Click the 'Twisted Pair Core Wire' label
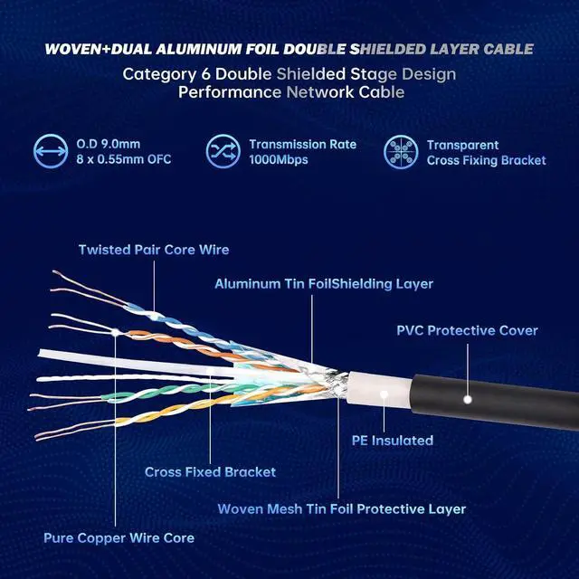tap(154, 249)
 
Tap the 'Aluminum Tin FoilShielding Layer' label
tap(324, 284)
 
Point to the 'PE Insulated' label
tap(392, 441)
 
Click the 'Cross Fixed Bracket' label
tap(210, 471)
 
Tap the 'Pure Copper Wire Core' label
tap(119, 538)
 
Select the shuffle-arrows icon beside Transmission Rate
tap(222, 152)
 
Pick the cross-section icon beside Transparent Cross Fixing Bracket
tap(399, 152)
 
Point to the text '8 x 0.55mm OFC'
tap(125, 160)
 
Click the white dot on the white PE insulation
tap(384, 394)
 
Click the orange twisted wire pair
tap(181, 342)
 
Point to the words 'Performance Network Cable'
tap(289, 92)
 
